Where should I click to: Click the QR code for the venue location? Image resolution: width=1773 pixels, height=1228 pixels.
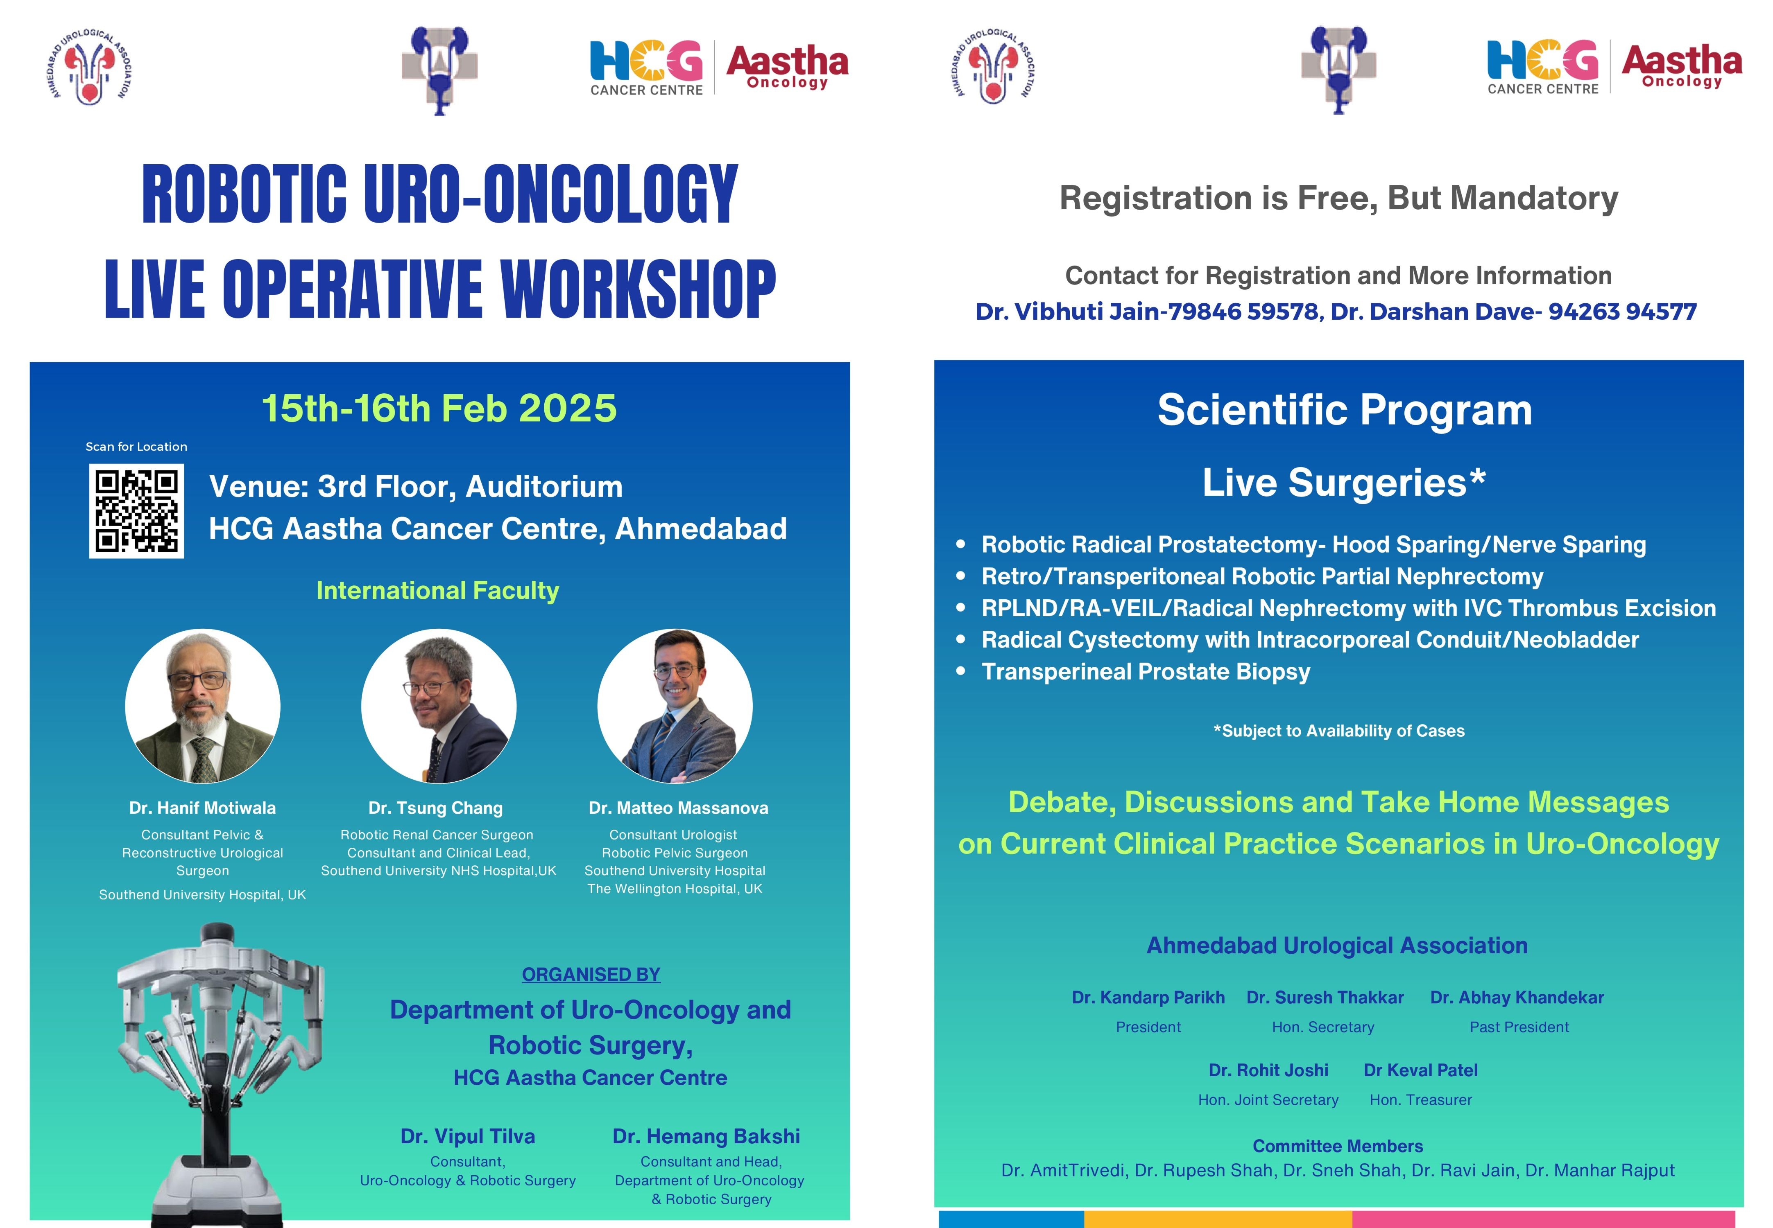coord(136,511)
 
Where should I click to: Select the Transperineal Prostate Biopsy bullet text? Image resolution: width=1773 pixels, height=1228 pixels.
coord(1146,672)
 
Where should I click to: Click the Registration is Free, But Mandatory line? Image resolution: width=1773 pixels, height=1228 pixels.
coord(1339,199)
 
